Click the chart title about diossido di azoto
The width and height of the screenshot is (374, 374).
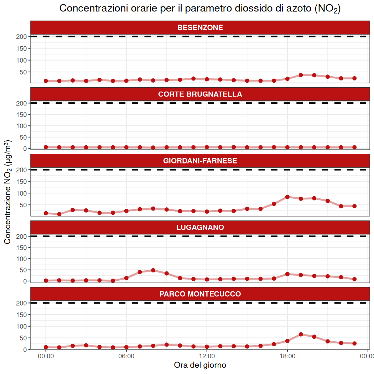coord(200,9)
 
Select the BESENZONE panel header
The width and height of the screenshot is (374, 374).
coord(200,27)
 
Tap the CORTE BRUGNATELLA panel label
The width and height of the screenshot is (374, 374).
coord(200,94)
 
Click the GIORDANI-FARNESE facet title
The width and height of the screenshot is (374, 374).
coord(200,161)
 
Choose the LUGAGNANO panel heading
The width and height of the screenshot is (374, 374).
coord(200,227)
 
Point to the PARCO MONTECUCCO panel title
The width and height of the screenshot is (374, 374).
coord(200,294)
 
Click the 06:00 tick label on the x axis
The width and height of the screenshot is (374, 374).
coord(126,356)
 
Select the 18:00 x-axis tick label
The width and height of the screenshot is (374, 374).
coord(287,356)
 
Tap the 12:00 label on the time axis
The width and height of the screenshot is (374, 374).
coord(207,356)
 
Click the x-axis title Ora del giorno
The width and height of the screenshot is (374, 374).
coord(200,365)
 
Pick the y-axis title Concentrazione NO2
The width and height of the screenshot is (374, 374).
coord(7,192)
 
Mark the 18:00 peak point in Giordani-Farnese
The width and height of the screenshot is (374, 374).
coord(287,197)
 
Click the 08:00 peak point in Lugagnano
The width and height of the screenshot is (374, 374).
coord(153,270)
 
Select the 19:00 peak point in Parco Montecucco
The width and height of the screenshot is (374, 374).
coord(301,334)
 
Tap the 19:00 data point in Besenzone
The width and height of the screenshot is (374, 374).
coord(301,75)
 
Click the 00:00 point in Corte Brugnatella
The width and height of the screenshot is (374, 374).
coord(46,147)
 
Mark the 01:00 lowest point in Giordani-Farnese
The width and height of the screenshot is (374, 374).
coord(59,214)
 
